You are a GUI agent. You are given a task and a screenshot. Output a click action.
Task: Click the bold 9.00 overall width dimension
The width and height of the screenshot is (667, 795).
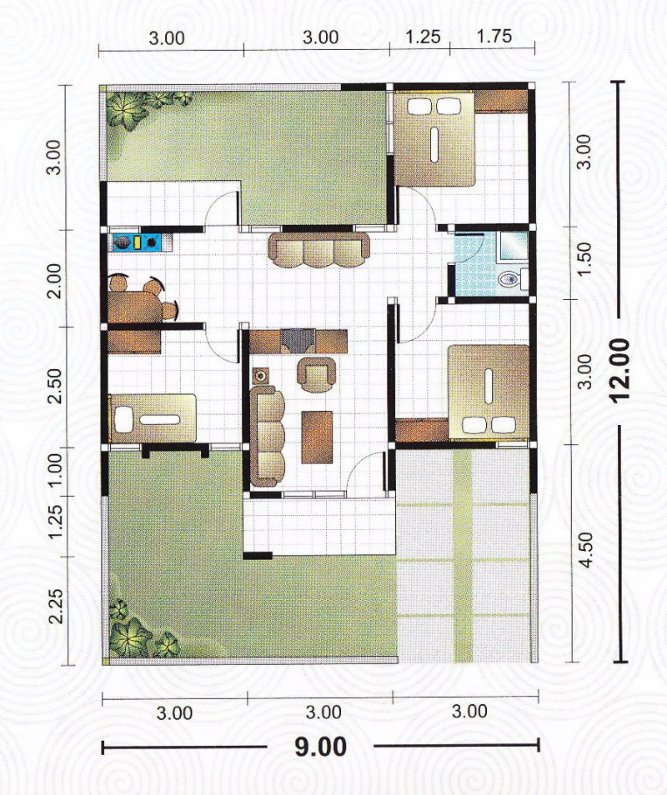[x=321, y=746]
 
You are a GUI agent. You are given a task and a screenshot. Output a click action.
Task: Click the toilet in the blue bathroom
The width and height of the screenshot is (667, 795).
[x=509, y=278]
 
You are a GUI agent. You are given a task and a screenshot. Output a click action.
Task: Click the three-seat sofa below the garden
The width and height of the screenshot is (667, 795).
[x=318, y=250]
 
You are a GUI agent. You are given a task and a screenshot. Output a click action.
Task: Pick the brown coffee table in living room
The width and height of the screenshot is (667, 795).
[x=317, y=437]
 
